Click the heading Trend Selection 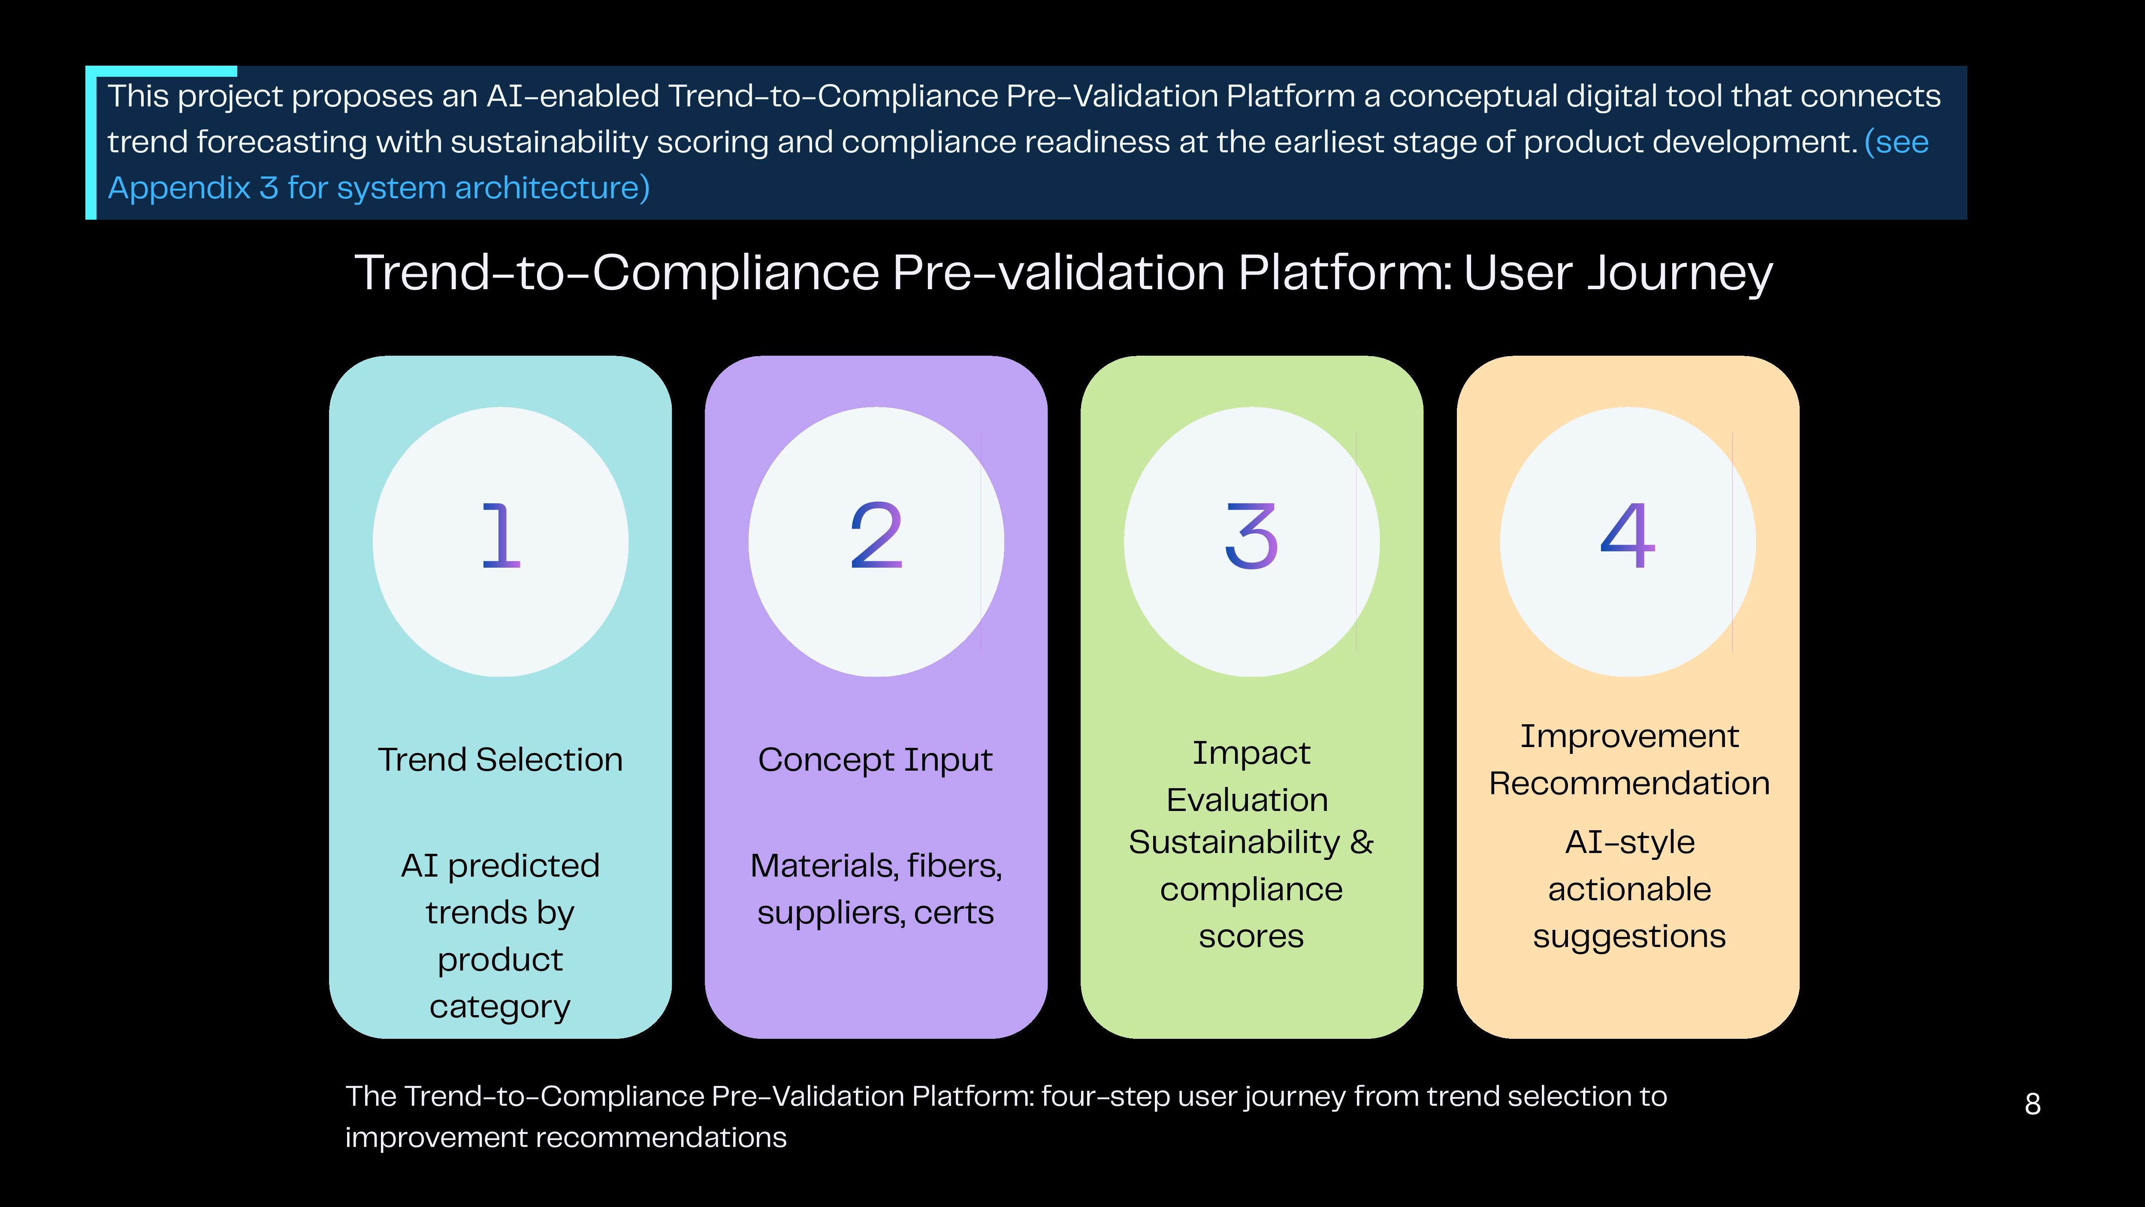(x=501, y=760)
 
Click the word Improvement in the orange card (x=1630, y=736)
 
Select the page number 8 (x=2033, y=1104)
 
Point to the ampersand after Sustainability (x=1362, y=842)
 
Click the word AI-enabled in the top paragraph (x=573, y=96)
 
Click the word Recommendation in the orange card (x=1630, y=784)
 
